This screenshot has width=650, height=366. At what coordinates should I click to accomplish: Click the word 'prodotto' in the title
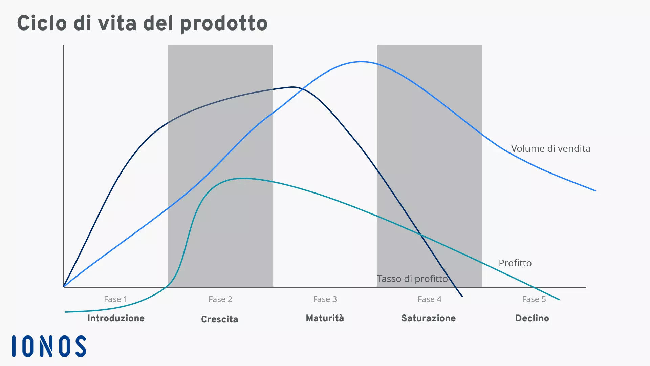(224, 23)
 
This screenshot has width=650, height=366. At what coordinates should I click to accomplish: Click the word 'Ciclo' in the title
(42, 23)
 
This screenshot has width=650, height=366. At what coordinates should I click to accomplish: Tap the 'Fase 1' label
(115, 299)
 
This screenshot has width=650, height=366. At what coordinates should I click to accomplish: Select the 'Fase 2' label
(220, 299)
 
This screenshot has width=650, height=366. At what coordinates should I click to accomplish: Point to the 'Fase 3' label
(325, 299)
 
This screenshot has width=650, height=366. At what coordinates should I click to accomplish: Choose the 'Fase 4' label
(430, 299)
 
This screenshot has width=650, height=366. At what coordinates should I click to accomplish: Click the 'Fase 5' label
(534, 299)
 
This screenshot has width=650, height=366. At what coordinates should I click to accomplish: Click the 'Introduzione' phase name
(116, 318)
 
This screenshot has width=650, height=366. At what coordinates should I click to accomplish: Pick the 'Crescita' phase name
(219, 319)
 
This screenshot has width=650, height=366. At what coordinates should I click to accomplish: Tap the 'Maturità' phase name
(325, 318)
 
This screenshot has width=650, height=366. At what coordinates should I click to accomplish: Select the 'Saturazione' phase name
(429, 318)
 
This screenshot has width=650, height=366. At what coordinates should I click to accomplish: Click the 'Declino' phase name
(532, 318)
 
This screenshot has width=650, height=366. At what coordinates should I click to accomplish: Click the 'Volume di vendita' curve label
(550, 148)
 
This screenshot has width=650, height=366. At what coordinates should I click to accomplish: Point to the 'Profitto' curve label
(515, 263)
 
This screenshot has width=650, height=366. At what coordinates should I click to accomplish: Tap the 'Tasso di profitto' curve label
(412, 279)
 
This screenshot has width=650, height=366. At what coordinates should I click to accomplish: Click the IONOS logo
(49, 346)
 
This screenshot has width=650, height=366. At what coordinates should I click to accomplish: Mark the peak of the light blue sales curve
(361, 62)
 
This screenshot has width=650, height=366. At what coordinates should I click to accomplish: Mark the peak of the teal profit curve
(242, 178)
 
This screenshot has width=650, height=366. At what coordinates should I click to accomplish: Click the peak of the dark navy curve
(293, 87)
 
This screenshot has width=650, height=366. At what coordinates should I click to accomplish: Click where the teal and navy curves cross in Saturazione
(420, 234)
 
